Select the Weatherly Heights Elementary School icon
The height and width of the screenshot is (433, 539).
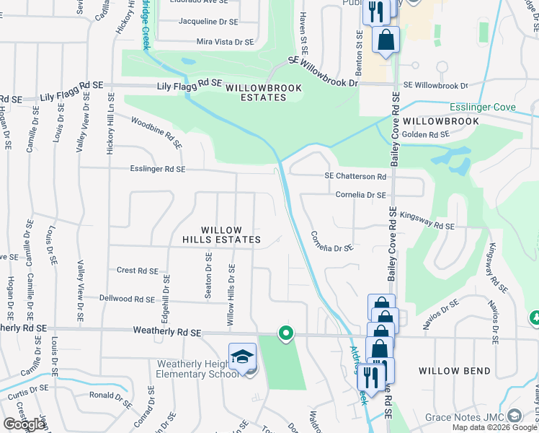[243, 357]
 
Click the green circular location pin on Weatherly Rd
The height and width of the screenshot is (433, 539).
[286, 333]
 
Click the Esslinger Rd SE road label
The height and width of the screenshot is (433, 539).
[159, 169]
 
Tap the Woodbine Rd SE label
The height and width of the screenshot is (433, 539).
[156, 130]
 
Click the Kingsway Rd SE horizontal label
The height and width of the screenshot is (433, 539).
[427, 219]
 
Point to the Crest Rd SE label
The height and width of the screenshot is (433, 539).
[137, 271]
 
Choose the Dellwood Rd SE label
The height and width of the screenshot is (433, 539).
[127, 299]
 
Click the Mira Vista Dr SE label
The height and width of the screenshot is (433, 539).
[225, 43]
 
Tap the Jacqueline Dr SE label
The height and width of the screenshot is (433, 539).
[208, 22]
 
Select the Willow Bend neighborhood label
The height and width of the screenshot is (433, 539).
[454, 371]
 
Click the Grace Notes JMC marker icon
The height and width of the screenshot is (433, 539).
[514, 416]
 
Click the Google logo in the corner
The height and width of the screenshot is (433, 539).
[24, 424]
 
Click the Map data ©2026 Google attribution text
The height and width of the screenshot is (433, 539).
[494, 427]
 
